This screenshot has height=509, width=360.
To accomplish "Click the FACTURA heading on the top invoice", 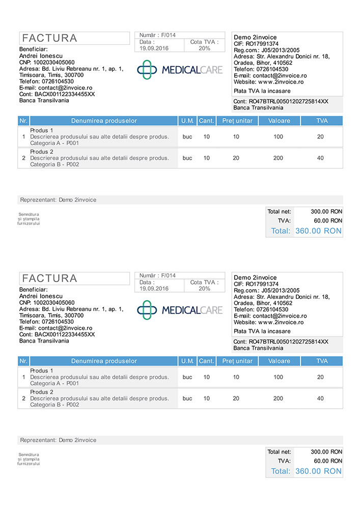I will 50,38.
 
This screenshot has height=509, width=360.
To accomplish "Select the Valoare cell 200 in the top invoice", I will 278,158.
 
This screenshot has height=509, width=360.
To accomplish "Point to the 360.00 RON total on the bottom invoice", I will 318,471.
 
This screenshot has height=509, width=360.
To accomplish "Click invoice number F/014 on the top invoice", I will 168,35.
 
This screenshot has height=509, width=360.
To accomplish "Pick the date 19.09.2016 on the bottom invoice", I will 154,289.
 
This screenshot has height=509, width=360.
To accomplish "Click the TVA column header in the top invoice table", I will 322,121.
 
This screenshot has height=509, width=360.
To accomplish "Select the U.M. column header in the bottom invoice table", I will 187,361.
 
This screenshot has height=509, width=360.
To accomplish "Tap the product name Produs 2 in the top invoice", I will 42,152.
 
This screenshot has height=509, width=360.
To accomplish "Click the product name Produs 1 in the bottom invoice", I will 42,371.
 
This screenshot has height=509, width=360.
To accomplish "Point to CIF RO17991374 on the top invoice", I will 256,44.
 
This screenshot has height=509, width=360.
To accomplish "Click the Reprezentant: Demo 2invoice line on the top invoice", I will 58,200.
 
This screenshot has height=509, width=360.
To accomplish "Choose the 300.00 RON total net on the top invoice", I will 326,211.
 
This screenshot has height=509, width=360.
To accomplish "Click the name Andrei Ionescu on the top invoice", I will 41,55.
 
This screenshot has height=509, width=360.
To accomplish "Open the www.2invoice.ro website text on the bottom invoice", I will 281,322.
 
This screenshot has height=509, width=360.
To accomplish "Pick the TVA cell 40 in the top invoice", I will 320,158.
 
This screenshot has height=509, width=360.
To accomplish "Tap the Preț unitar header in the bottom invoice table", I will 237,361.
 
